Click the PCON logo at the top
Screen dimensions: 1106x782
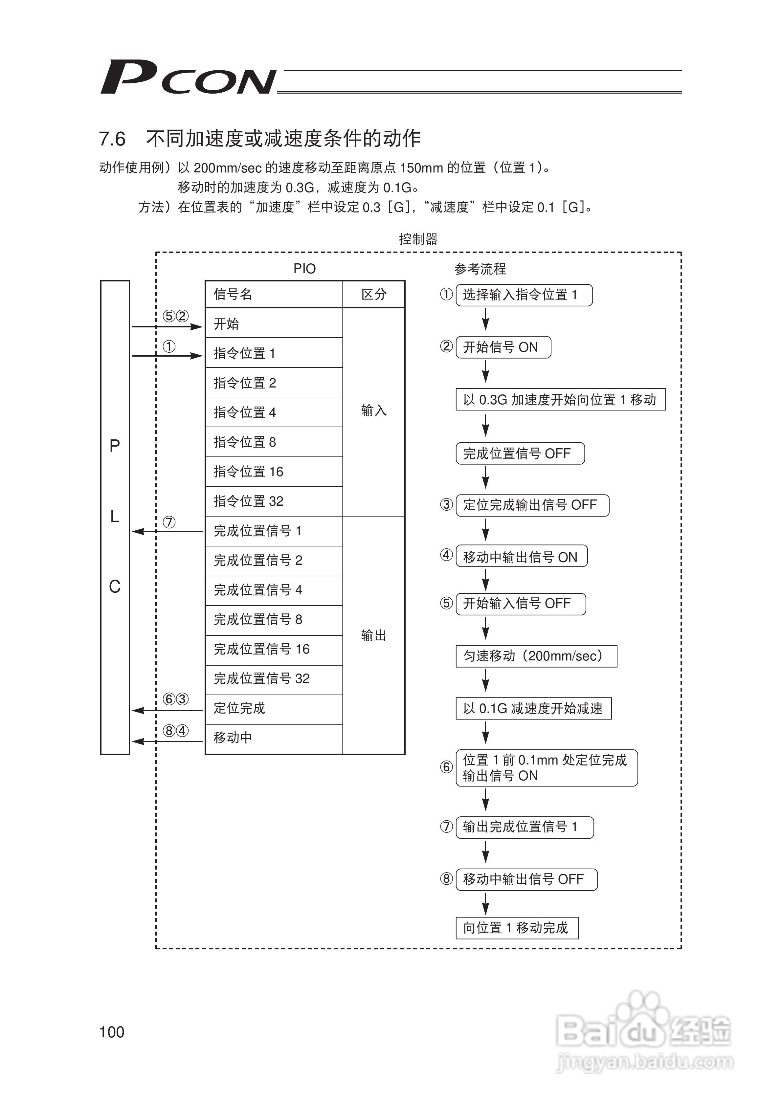click(188, 77)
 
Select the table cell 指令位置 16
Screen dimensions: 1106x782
click(249, 472)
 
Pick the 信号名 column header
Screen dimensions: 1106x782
click(233, 294)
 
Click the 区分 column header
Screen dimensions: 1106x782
click(374, 294)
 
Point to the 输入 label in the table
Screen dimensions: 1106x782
click(374, 410)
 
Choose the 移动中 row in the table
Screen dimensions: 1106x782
click(233, 738)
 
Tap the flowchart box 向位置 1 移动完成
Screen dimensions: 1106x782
click(517, 928)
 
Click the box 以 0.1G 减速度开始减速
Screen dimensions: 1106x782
click(533, 709)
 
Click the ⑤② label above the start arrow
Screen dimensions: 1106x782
click(175, 316)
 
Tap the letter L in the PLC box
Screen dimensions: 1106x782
click(115, 517)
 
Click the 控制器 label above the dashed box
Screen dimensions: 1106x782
click(418, 239)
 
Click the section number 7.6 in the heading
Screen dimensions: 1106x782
click(112, 139)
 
